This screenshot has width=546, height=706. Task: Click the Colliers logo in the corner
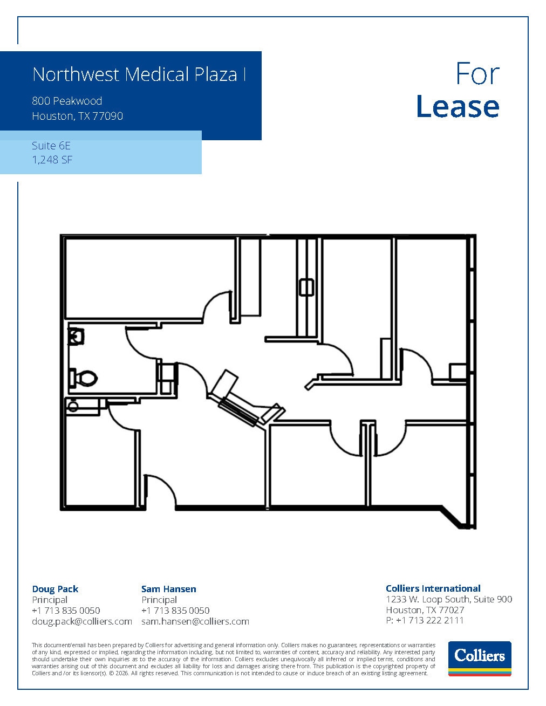click(x=480, y=659)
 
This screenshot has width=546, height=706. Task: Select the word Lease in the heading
click(x=458, y=106)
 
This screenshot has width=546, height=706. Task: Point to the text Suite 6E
click(x=51, y=146)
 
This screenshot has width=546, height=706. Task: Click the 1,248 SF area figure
click(x=52, y=160)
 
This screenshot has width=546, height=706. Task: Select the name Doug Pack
click(x=55, y=589)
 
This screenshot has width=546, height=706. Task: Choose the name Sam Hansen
click(x=169, y=589)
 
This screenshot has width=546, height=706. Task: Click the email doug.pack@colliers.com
click(x=82, y=621)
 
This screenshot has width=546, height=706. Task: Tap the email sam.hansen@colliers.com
click(x=195, y=621)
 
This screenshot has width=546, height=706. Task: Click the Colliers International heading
click(x=433, y=588)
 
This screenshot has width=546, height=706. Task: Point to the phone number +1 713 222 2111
click(x=429, y=620)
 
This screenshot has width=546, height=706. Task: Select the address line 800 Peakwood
click(x=67, y=101)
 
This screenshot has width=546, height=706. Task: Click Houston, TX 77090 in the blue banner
click(x=77, y=116)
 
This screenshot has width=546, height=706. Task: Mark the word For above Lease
click(x=477, y=74)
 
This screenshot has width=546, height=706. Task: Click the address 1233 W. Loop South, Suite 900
click(x=449, y=599)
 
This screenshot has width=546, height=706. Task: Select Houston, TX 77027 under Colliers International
click(x=425, y=609)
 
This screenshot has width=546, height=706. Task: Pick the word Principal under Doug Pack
click(x=50, y=600)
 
